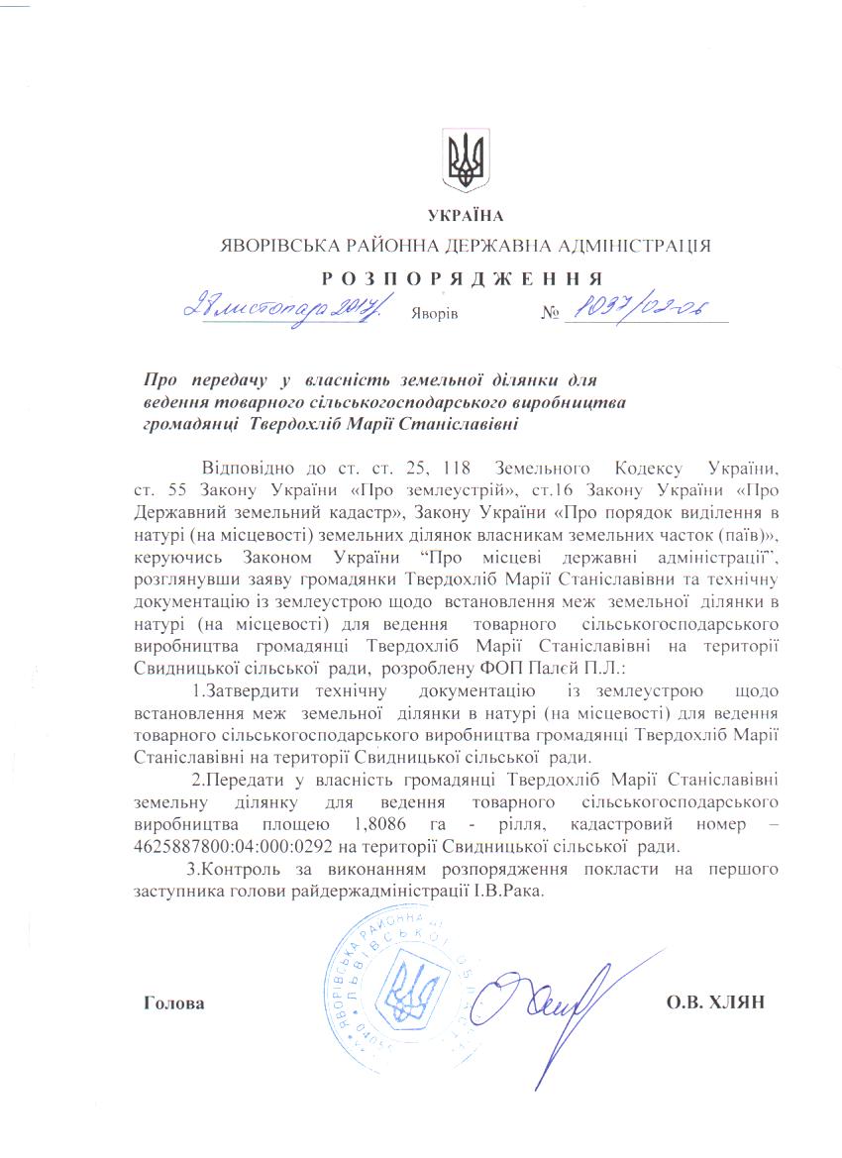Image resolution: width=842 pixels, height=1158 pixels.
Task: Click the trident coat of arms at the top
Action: [x=465, y=161]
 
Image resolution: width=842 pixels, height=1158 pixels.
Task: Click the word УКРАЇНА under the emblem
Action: [x=465, y=217]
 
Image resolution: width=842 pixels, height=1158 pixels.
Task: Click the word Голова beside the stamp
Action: [x=174, y=1002]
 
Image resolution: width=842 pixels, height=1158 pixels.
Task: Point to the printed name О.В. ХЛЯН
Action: [x=717, y=1001]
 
